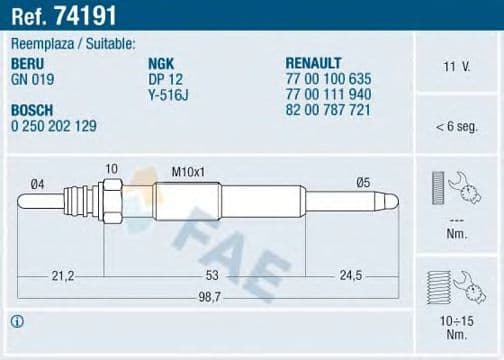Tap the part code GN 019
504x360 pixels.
[33, 78]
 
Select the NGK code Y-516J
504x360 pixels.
[169, 93]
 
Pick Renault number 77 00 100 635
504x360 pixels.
[330, 78]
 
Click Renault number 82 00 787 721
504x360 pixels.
[330, 109]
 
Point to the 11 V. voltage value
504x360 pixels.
[458, 67]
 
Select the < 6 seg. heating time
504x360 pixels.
[458, 126]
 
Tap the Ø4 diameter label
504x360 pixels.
[38, 181]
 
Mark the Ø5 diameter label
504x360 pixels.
[364, 181]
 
